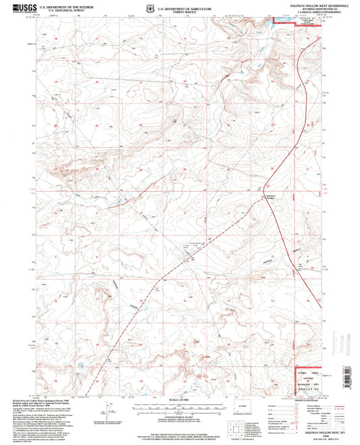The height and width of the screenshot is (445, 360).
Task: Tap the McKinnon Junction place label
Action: (261, 198)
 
